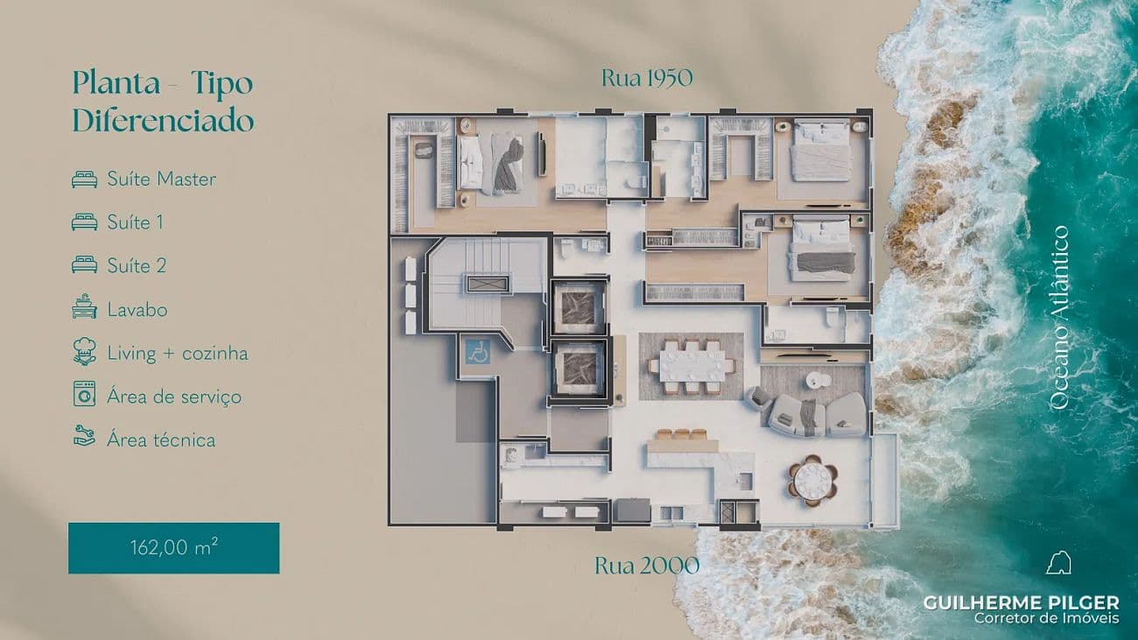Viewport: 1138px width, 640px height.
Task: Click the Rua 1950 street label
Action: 647,78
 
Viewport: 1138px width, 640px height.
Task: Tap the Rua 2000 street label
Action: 647,566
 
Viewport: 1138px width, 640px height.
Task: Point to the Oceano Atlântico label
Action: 1059,318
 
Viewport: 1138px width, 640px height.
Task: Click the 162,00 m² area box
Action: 173,548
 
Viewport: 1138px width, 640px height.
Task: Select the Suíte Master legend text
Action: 162,179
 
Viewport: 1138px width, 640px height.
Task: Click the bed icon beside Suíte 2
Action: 84,265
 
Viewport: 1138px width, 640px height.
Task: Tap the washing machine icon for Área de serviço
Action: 84,394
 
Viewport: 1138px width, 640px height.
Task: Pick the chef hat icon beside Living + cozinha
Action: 84,351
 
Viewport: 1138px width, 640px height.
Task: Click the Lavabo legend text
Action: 137,309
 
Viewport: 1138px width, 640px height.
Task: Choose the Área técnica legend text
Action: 161,440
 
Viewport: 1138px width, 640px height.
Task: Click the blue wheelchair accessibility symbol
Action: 478,351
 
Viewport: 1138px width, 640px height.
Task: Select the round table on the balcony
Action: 812,480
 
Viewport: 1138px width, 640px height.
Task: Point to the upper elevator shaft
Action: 579,306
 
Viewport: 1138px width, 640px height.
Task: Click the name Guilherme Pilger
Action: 1022,603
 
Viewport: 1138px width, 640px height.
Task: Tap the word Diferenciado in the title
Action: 163,120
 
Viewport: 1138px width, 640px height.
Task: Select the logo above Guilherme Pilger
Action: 1058,563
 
